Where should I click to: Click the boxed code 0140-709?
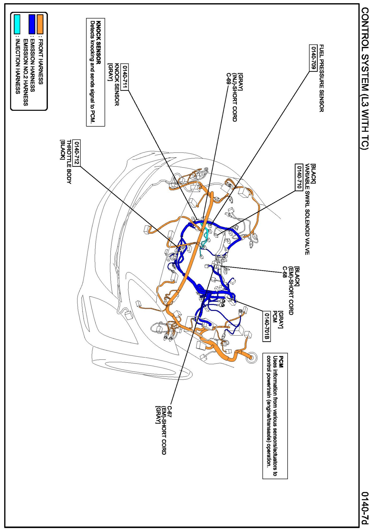point(313,58)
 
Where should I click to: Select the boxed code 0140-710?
point(299,177)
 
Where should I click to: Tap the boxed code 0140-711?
point(125,77)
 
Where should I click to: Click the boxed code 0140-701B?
point(266,326)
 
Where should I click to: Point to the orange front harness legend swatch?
point(40,24)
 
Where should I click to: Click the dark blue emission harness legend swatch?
point(32,24)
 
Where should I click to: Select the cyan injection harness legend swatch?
point(17,24)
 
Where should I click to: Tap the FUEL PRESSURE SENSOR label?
point(321,78)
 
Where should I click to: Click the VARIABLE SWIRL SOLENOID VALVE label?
point(307,209)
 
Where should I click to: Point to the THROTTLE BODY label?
point(69,162)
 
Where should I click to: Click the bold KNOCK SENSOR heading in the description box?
point(98,43)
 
